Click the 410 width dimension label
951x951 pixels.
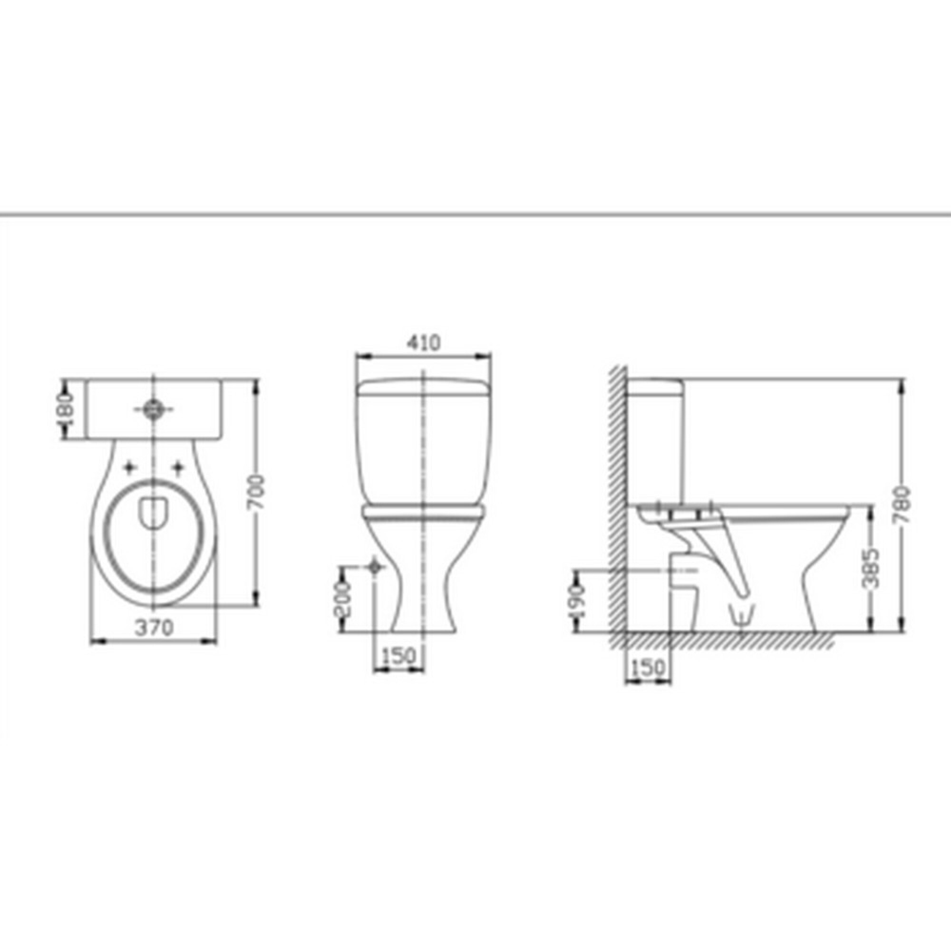pos(423,343)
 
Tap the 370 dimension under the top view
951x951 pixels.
pos(155,628)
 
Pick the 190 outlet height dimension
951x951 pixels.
pos(577,602)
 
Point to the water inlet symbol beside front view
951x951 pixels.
pos(376,567)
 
